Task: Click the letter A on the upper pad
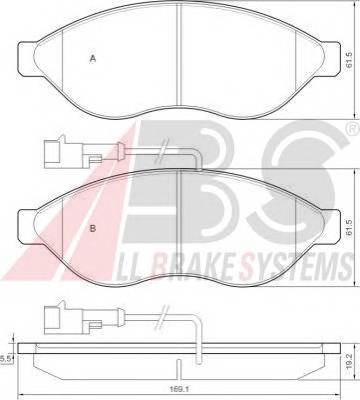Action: coord(93,58)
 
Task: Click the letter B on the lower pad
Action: coord(93,228)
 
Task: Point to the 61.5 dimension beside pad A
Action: coord(349,60)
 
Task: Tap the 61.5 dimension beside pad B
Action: coord(349,228)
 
